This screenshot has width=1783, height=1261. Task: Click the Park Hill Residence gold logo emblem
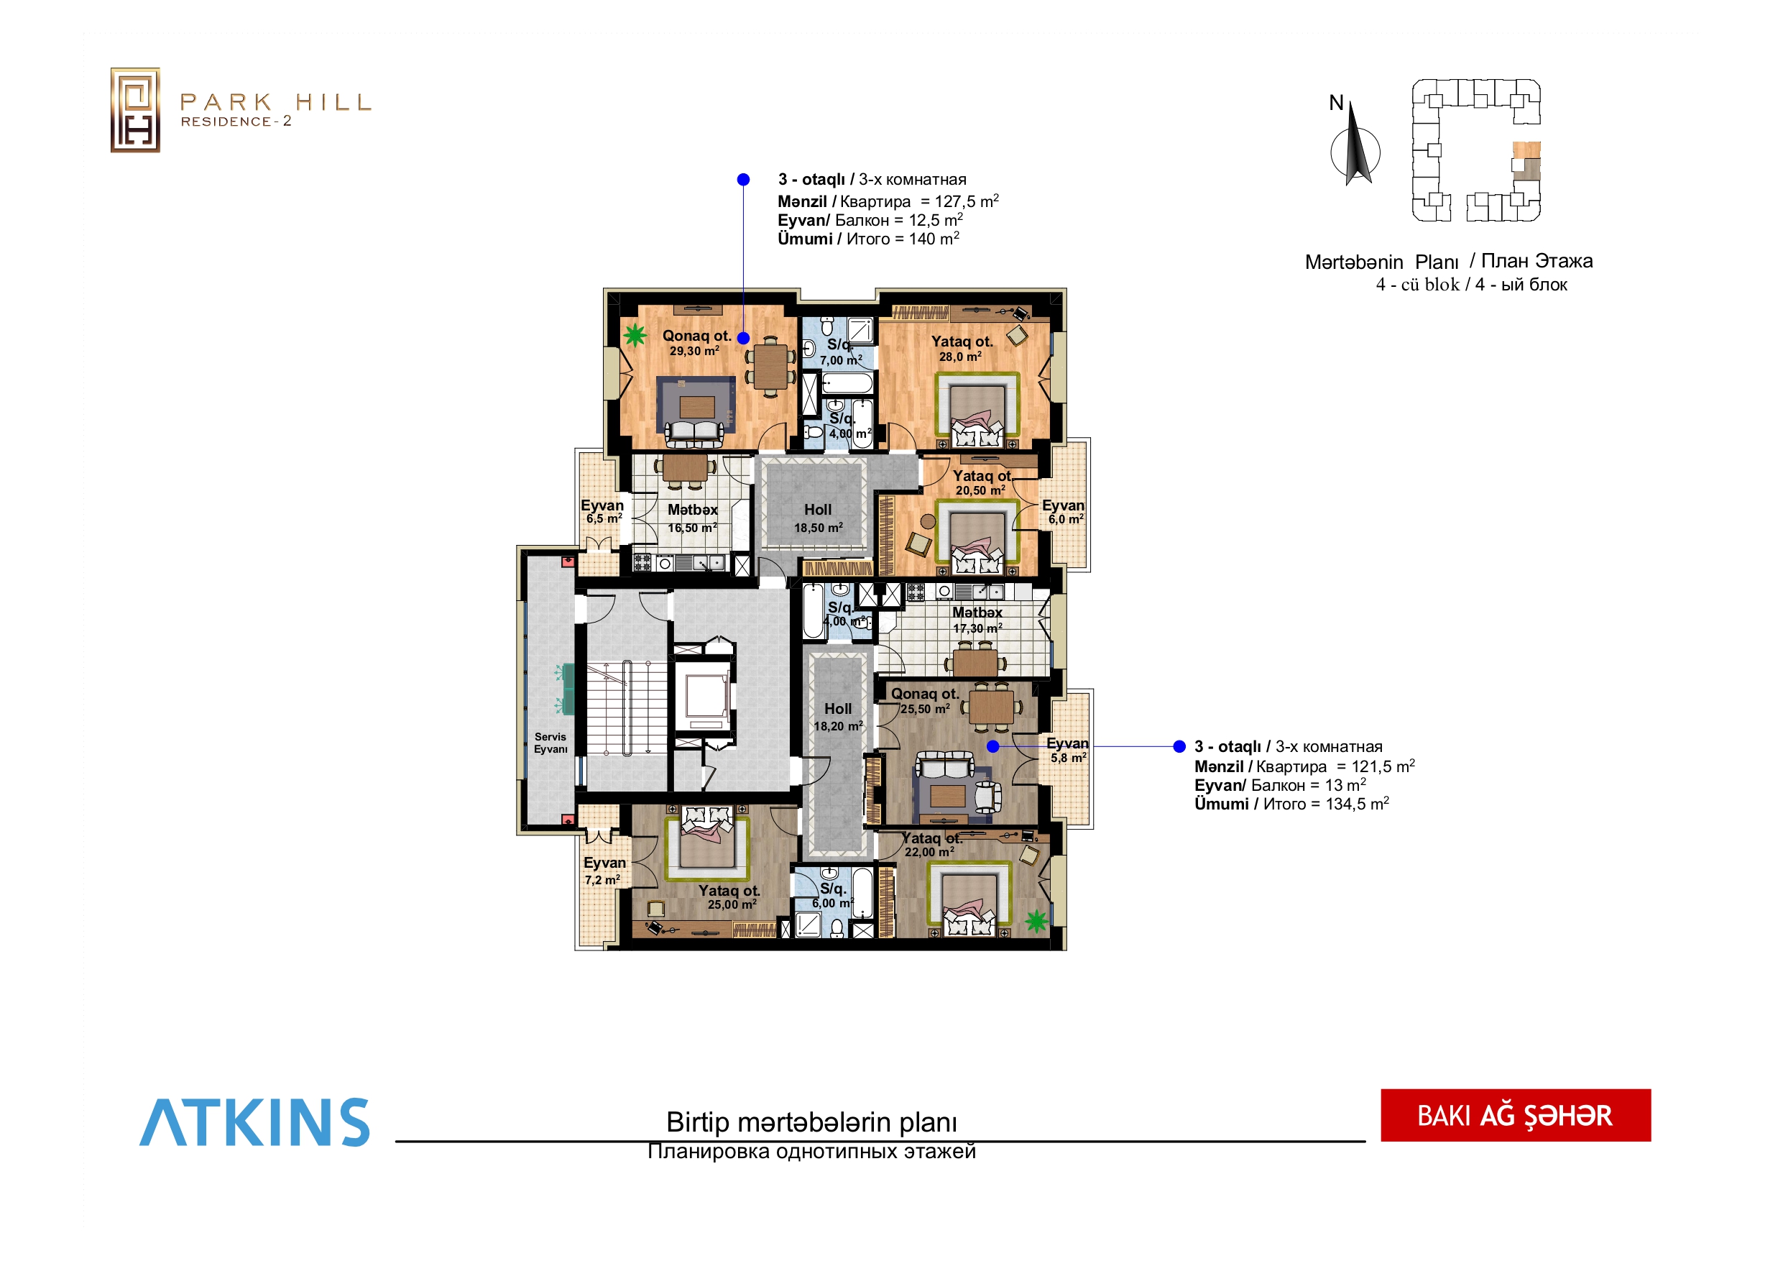[x=135, y=109]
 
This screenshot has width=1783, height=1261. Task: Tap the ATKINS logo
[x=254, y=1122]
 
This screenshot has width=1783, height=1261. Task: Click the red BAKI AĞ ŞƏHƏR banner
[x=1515, y=1115]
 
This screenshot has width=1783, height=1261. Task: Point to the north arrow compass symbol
[x=1355, y=144]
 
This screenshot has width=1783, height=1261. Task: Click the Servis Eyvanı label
[x=550, y=743]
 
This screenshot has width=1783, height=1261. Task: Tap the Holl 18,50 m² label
[x=818, y=518]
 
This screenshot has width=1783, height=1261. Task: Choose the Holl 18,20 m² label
[x=838, y=717]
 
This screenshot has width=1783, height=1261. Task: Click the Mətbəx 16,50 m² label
[x=693, y=518]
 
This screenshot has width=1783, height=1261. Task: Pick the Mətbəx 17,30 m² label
[x=977, y=620]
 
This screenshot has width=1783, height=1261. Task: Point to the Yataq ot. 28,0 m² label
[x=962, y=349]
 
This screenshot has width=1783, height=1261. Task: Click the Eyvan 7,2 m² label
[x=604, y=871]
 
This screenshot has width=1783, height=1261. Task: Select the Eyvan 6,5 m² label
[x=603, y=512]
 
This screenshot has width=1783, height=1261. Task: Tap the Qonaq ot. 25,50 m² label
[x=925, y=701]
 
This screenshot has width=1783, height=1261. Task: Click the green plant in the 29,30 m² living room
[x=635, y=335]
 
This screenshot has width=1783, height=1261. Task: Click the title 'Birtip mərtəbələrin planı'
[x=811, y=1122]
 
